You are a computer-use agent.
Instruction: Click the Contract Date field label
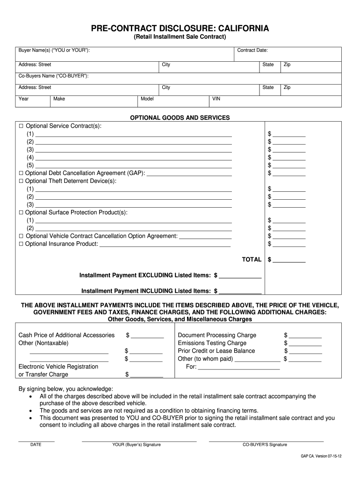(252, 50)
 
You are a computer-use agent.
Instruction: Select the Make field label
(59, 99)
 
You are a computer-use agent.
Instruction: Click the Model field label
(147, 99)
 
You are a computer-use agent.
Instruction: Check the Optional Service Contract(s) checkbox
(21, 126)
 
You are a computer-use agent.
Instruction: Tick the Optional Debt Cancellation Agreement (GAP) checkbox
(21, 173)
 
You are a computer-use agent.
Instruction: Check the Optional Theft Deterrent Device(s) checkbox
(21, 181)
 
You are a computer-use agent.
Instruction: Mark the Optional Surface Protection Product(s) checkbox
(21, 212)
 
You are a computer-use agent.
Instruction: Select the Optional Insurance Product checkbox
(21, 244)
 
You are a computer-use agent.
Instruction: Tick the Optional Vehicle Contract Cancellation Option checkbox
(21, 236)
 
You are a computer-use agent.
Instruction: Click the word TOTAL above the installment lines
(251, 260)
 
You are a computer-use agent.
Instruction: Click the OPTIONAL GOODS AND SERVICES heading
(180, 118)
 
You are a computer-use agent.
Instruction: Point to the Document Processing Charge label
(217, 335)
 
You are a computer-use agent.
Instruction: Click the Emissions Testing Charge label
(212, 343)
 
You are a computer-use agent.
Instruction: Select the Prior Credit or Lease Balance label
(216, 351)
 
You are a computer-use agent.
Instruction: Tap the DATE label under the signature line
(36, 444)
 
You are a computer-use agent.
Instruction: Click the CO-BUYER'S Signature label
(265, 444)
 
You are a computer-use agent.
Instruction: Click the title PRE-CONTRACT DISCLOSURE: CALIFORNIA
(180, 29)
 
